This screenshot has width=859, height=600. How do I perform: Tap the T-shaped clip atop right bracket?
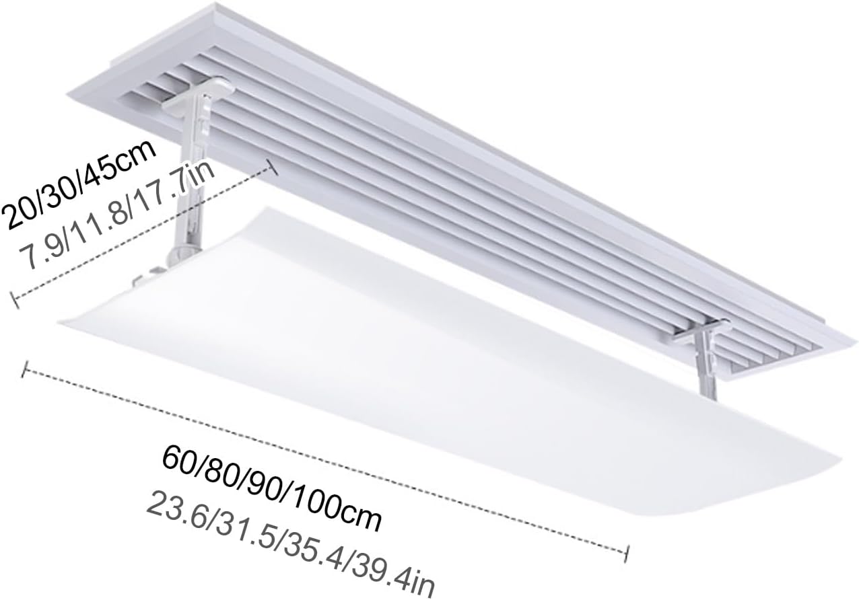(704, 330)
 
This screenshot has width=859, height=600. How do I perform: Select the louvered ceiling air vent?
(471, 182)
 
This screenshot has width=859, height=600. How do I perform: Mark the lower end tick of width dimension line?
(14, 300)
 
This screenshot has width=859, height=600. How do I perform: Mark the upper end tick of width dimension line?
(273, 167)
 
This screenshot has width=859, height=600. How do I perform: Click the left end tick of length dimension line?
(26, 369)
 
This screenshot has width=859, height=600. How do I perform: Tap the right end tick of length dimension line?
(627, 552)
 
